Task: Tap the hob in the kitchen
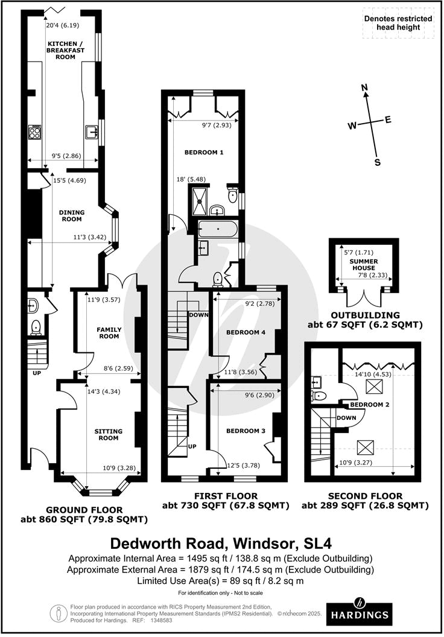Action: (x=34, y=131)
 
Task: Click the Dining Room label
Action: (x=72, y=216)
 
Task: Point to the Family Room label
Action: (x=109, y=333)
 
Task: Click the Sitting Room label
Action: (x=108, y=435)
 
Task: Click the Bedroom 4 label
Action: (x=241, y=332)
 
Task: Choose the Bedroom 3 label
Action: (x=241, y=431)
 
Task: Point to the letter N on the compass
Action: (x=364, y=89)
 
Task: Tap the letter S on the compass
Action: (x=378, y=162)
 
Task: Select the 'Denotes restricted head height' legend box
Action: (x=399, y=23)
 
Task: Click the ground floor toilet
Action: (x=36, y=327)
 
